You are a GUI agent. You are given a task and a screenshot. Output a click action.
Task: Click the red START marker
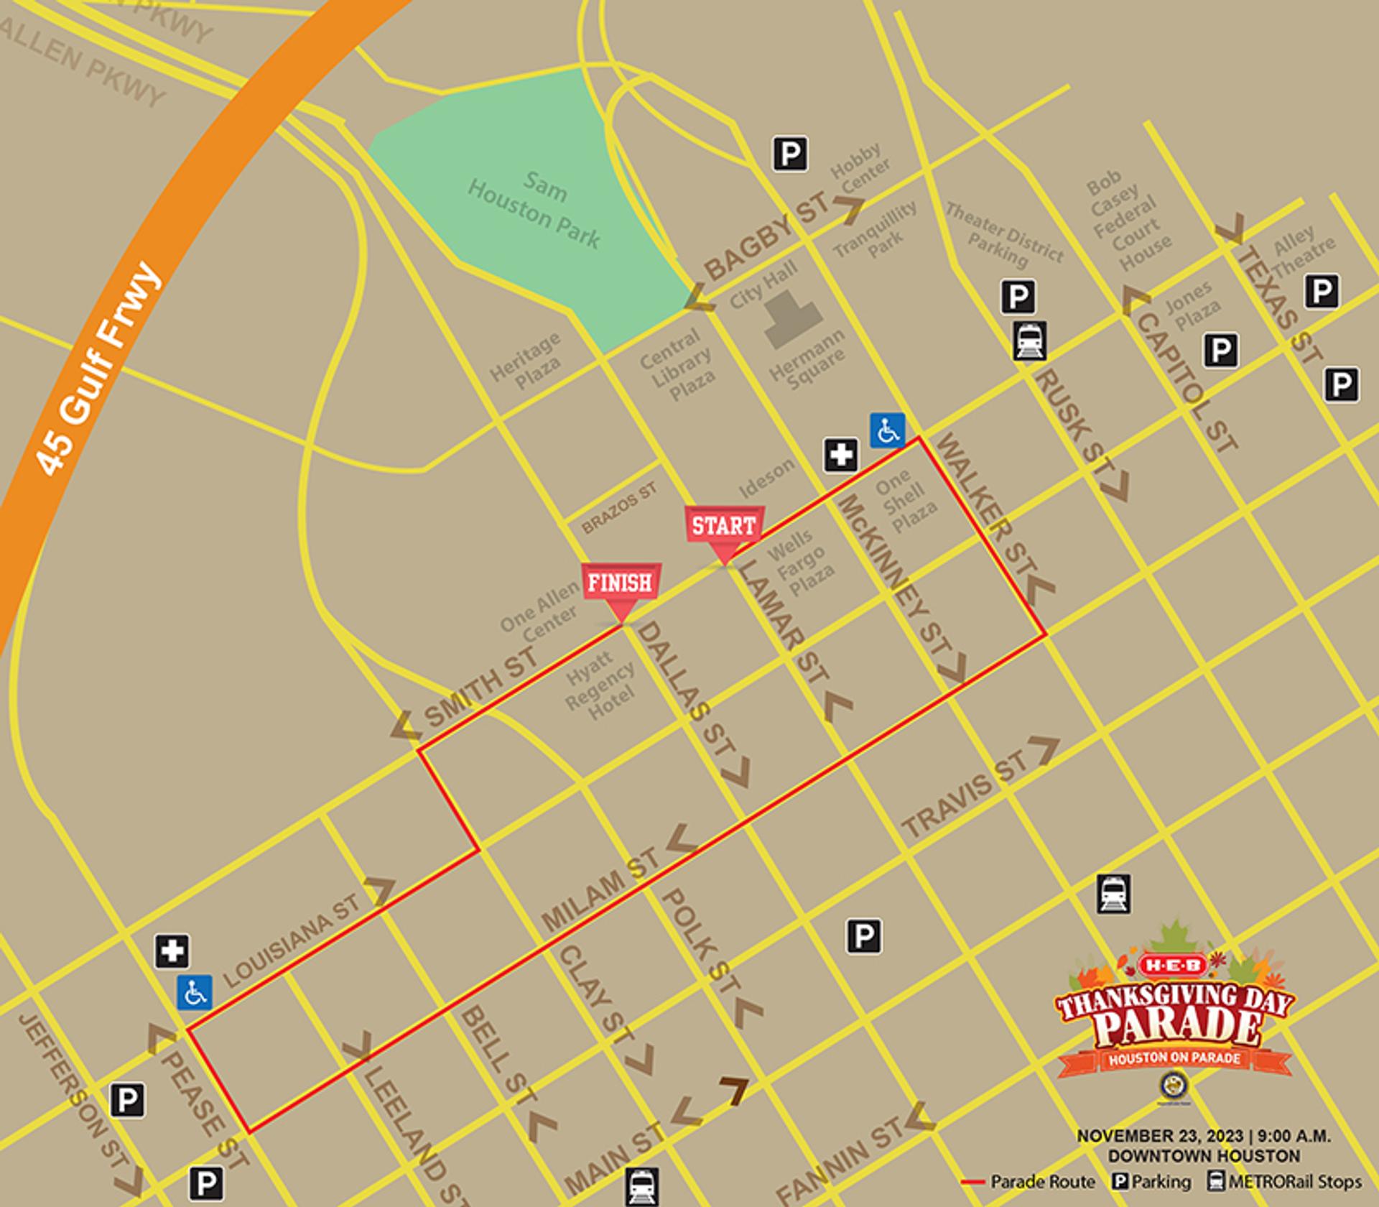coord(724,528)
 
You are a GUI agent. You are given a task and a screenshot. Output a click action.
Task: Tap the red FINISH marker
coord(621,584)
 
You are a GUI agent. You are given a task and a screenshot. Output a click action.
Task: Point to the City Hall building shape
coord(792,320)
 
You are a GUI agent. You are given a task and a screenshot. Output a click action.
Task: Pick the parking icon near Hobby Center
coord(790,154)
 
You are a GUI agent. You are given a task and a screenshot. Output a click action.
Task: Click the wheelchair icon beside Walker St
coord(888,430)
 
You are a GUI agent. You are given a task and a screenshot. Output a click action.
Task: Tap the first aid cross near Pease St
coord(172,951)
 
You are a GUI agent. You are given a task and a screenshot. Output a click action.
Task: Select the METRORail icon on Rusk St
coord(1029,341)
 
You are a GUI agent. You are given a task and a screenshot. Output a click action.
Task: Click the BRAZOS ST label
coord(618,508)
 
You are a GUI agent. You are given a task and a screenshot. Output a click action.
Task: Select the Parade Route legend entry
coord(1029,1182)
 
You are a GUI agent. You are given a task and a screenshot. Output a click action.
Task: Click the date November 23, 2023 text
coord(1159,1137)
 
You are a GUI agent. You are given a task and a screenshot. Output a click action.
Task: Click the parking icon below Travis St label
coord(863,936)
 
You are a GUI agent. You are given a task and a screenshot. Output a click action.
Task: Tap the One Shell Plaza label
coord(906,501)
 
